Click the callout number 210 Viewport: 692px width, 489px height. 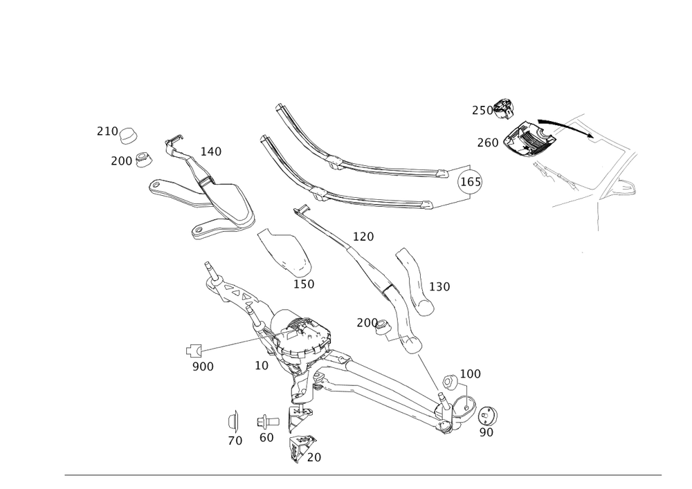[107, 130]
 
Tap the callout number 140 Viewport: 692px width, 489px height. [210, 151]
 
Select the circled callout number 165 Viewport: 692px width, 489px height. [471, 181]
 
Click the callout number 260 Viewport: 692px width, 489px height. [487, 142]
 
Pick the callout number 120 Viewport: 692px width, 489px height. [363, 237]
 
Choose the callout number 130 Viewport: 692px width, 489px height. [439, 286]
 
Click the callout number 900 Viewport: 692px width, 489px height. [203, 366]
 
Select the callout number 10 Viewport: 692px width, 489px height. [262, 365]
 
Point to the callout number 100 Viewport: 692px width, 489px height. [471, 373]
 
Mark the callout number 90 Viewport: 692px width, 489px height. [486, 433]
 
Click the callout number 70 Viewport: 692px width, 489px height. [235, 441]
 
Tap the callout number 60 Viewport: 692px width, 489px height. [266, 437]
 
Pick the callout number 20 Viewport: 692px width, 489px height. [313, 457]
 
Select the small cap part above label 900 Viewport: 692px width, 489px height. [193, 350]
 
